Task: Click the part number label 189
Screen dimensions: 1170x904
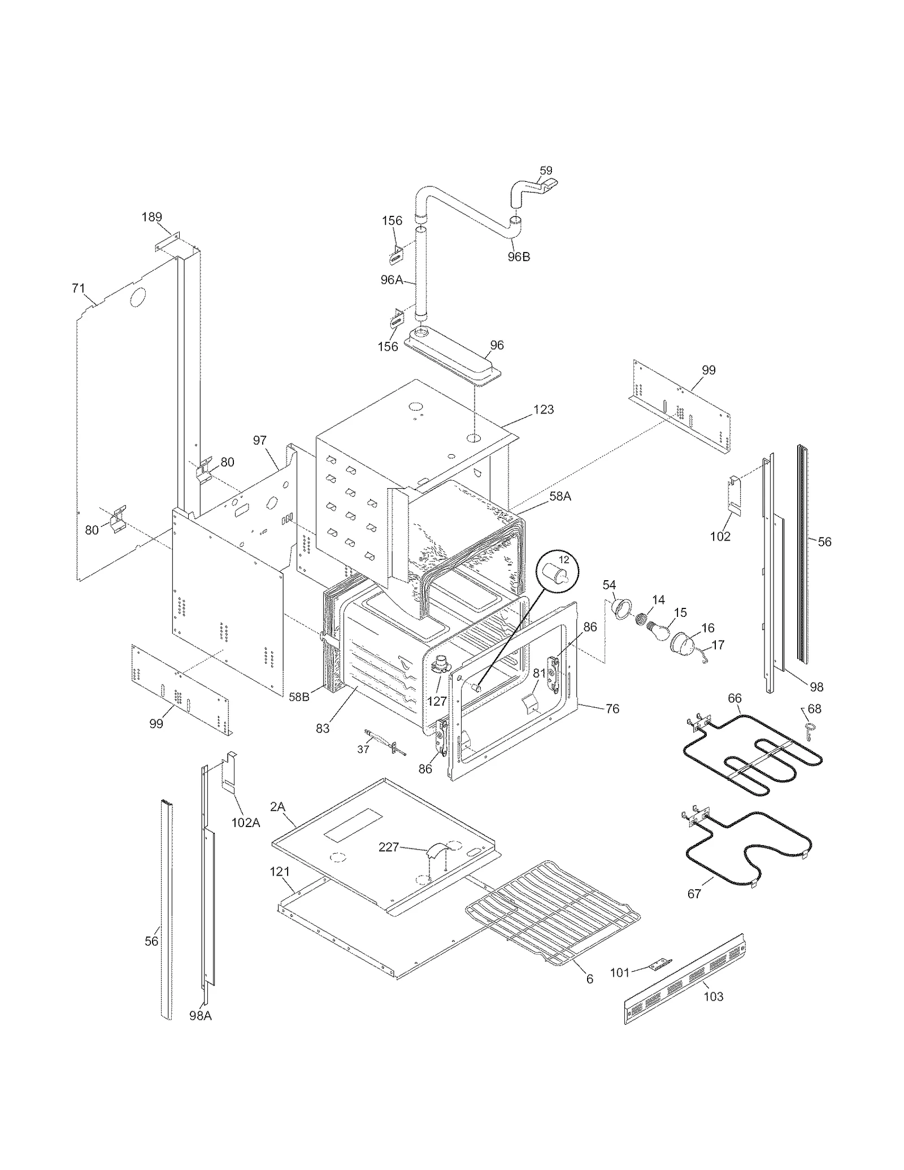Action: (151, 217)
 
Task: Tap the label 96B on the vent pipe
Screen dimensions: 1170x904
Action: (518, 256)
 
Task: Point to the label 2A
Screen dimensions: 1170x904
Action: (277, 807)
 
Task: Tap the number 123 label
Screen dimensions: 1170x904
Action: (543, 409)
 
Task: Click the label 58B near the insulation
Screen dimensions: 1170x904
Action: (299, 697)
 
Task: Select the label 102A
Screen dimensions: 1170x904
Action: (246, 823)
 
